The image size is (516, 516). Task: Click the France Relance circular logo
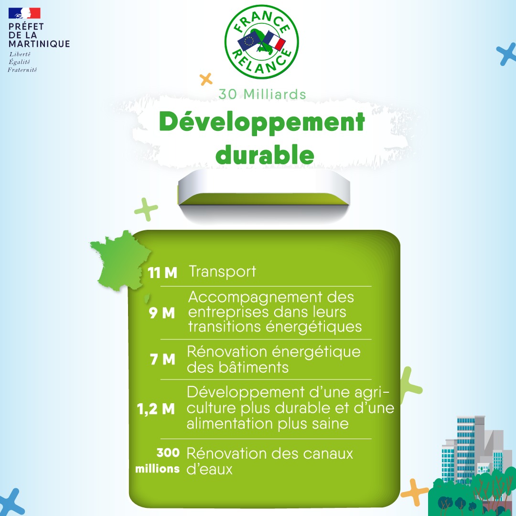point(262,42)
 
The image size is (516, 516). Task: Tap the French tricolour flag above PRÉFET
point(24,13)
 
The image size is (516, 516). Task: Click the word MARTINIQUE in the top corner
point(39,44)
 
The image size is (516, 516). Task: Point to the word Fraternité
point(22,70)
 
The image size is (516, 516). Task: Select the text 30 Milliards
point(262,94)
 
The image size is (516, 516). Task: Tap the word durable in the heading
point(265,155)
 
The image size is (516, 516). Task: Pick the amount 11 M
point(162,273)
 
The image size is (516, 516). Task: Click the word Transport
point(223,272)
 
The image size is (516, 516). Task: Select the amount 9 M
point(161,313)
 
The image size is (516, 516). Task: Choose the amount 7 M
point(162,359)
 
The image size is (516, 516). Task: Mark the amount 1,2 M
point(156,409)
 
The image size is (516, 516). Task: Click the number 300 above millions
point(168,453)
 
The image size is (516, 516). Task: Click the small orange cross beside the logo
point(206,79)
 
